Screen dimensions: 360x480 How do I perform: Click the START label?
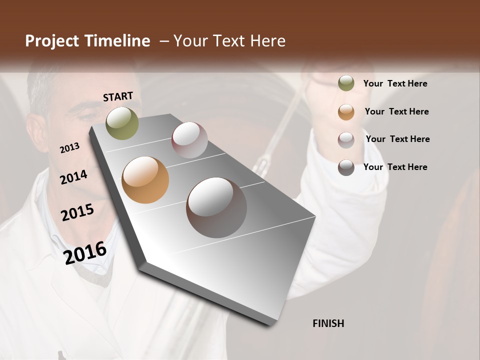click(118, 96)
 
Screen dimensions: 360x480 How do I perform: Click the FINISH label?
click(328, 323)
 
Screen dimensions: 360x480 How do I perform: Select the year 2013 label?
click(69, 148)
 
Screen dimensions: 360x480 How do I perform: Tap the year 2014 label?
click(73, 177)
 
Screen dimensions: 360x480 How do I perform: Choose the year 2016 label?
click(85, 253)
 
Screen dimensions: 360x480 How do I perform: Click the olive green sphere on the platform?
click(122, 123)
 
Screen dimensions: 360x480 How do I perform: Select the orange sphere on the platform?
click(145, 180)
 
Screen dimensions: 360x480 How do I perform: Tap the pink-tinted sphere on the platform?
click(189, 139)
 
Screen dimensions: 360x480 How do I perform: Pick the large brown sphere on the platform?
click(216, 207)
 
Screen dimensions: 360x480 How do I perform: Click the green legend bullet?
click(346, 83)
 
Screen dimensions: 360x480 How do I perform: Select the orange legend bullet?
click(346, 112)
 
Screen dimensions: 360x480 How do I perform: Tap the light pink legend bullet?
click(346, 139)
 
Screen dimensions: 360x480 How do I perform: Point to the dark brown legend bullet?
click(346, 167)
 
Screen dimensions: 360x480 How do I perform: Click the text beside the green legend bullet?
click(395, 83)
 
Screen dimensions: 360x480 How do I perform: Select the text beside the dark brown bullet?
click(395, 167)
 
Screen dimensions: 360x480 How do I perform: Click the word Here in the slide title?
click(268, 41)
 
